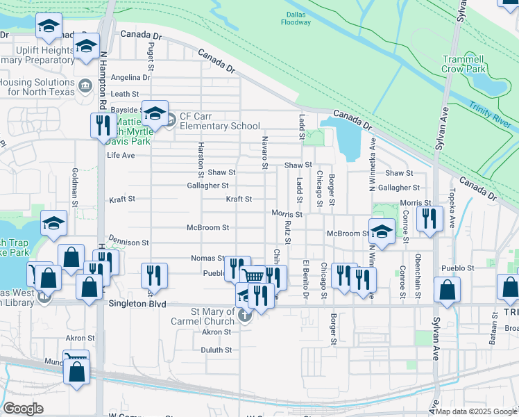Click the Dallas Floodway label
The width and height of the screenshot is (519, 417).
296,18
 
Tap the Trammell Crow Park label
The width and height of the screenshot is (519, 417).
464,65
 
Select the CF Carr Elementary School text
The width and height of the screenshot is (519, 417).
220,122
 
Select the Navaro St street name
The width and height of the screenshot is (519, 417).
264,152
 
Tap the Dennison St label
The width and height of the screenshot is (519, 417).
130,243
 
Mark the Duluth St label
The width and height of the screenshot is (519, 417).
216,350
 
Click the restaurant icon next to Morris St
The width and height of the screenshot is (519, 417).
429,218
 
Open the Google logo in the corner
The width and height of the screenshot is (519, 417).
24,409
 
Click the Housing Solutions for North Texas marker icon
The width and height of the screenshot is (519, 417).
85,86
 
